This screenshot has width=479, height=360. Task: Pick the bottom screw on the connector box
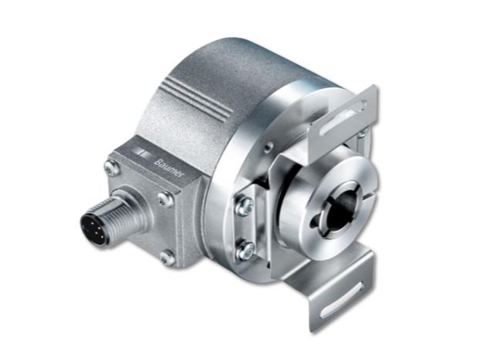coord(165,258)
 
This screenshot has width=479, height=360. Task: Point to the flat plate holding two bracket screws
coord(246,226)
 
